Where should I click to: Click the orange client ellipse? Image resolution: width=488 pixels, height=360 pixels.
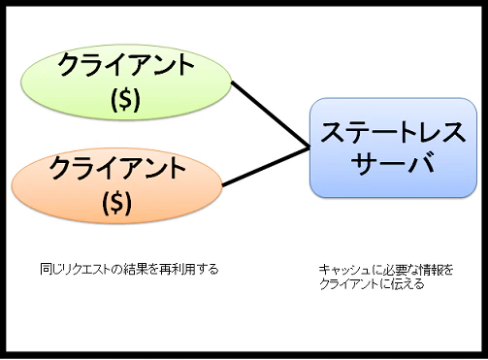116,183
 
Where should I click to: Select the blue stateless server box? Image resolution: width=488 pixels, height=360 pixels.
389,147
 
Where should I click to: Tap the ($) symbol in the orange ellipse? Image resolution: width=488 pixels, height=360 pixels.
116,202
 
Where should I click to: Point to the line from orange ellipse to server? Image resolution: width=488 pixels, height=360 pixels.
267,166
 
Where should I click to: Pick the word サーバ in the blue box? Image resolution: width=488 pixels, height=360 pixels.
389,164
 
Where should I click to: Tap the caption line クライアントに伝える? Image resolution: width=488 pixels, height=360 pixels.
371,284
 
